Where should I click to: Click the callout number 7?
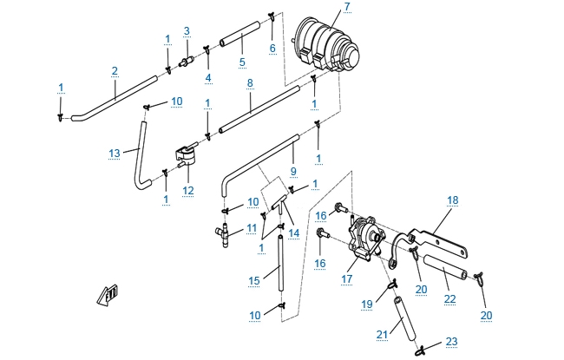[x=347, y=7]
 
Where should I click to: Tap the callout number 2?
[x=114, y=70]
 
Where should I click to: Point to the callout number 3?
[x=186, y=31]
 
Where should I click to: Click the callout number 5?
[x=242, y=62]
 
